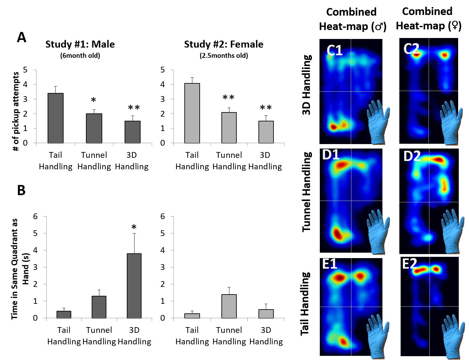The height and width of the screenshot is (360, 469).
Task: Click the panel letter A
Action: tap(21, 37)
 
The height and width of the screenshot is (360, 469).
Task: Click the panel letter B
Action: tap(21, 190)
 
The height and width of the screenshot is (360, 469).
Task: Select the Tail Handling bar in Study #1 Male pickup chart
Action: tap(56, 118)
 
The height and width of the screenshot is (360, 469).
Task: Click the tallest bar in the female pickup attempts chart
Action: tap(192, 113)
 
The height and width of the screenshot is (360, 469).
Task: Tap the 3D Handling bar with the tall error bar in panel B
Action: tap(134, 286)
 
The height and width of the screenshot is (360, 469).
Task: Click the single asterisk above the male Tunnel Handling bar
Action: tap(93, 100)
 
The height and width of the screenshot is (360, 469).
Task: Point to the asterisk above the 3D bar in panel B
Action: tap(134, 227)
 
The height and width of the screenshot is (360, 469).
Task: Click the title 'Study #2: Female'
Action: tap(224, 44)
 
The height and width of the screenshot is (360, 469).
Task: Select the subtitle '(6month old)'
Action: tap(80, 56)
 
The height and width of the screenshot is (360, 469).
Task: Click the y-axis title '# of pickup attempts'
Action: tap(16, 111)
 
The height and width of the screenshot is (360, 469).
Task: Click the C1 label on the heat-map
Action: tap(334, 50)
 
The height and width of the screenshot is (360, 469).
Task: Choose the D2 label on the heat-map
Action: tap(412, 157)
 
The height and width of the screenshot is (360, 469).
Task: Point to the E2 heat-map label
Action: tap(410, 264)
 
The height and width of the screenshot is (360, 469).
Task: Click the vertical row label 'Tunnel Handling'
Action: tap(307, 192)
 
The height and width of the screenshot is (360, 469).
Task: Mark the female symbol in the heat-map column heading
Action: tap(455, 26)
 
